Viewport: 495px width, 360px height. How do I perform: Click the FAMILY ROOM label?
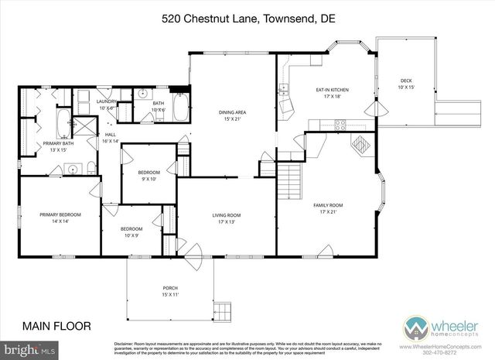pos(328,205)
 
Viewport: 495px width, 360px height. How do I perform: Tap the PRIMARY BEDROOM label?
pos(60,214)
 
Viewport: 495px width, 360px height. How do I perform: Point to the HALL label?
pos(110,135)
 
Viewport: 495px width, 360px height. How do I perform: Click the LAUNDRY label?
pos(107,101)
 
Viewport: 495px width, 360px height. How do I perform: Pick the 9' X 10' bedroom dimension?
pos(148,178)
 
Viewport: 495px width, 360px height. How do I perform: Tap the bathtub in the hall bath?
pos(180,107)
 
